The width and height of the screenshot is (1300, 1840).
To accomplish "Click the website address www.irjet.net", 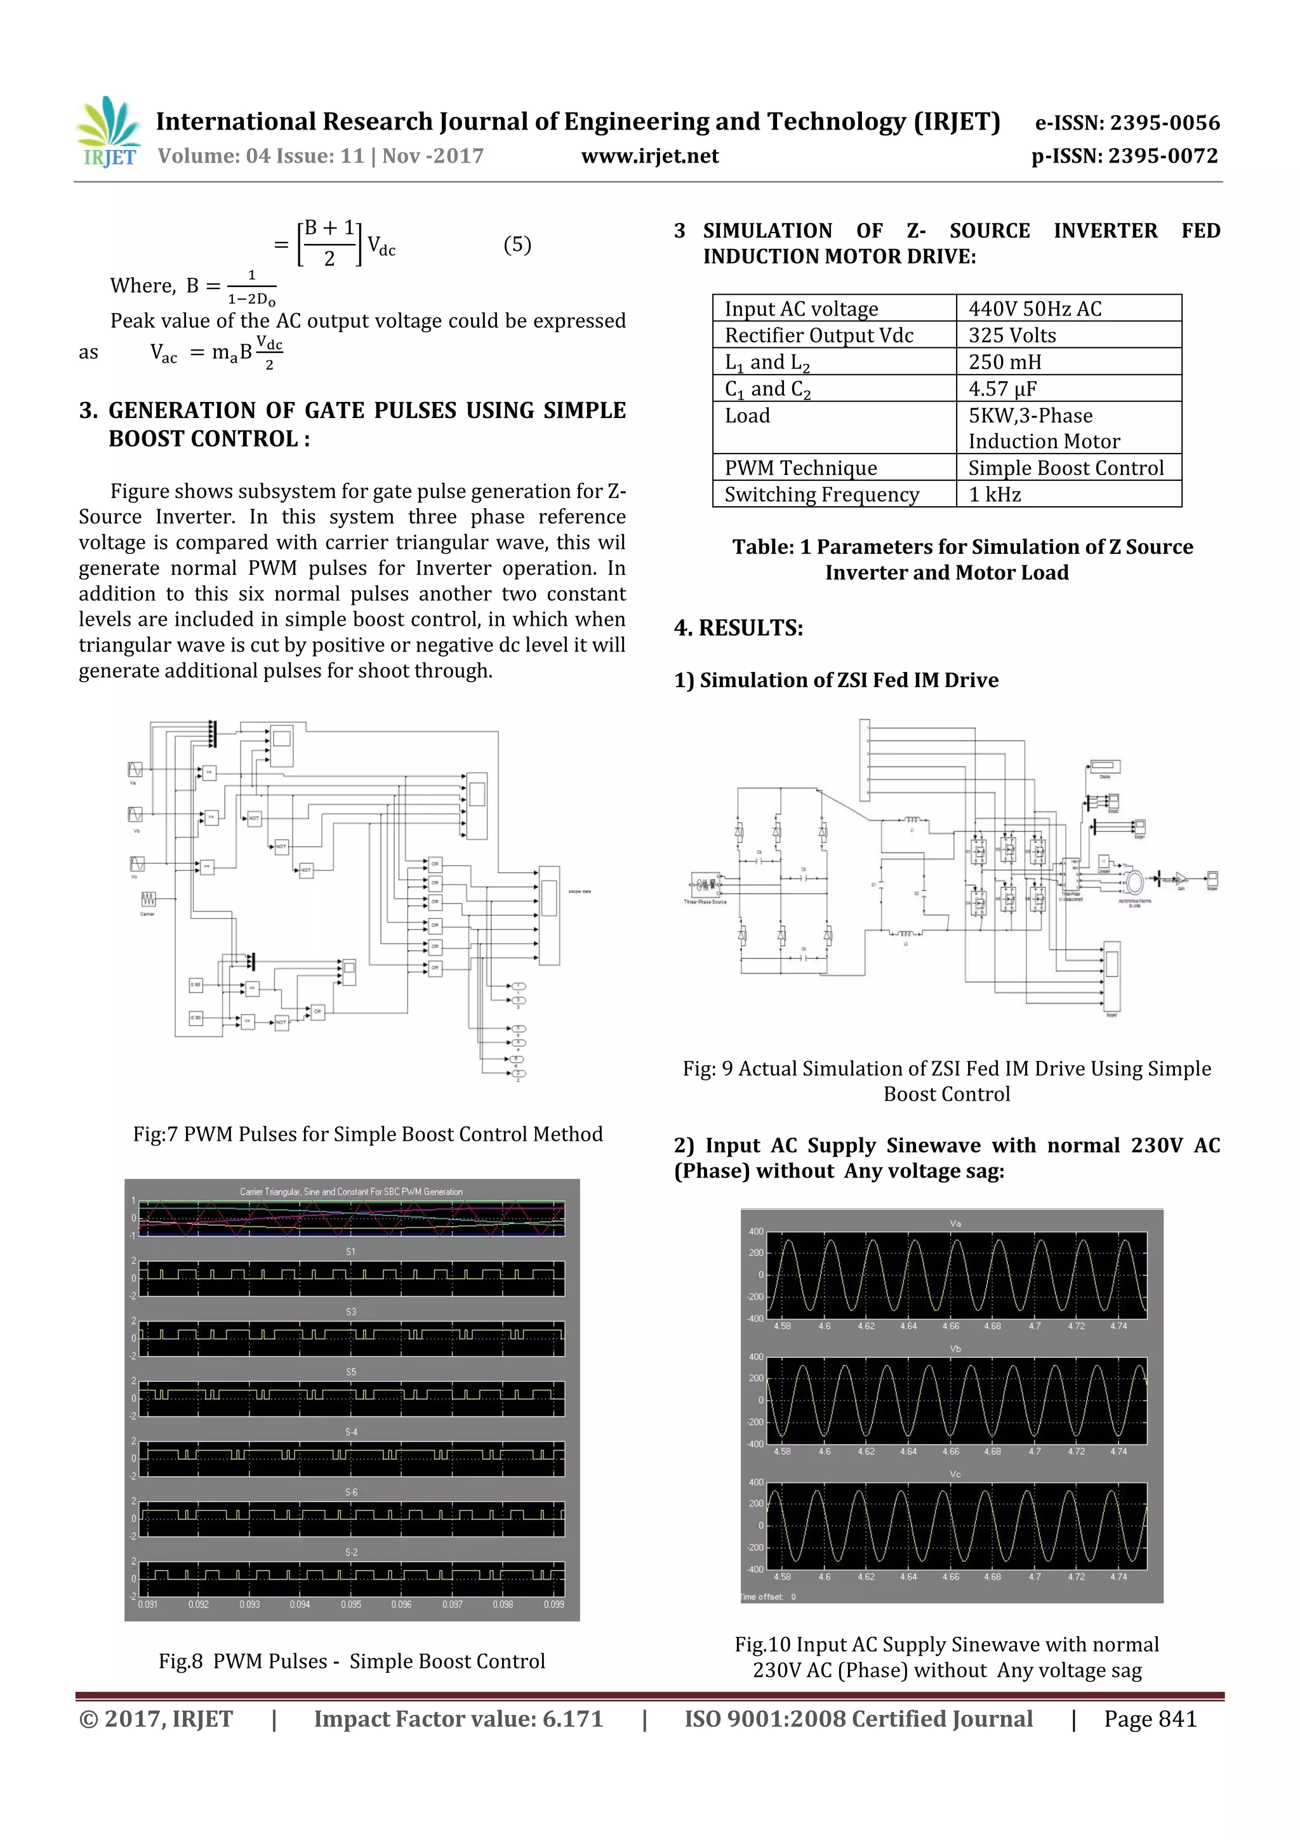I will coord(649,156).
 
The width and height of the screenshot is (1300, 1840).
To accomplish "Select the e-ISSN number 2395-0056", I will coord(1127,123).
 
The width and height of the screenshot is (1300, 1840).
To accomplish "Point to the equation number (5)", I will coord(517,245).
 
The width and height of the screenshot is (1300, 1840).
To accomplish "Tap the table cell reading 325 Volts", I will coord(1012,335).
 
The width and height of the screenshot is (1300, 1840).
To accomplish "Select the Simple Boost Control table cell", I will coord(1065,468).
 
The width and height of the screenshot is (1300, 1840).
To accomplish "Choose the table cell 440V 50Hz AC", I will coord(1034,309).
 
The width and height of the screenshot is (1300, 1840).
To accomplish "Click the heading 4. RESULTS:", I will coord(738,628).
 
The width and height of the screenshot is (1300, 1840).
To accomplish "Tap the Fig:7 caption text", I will coord(368,1134).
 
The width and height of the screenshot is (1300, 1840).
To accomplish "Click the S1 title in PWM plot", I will coord(351,1252).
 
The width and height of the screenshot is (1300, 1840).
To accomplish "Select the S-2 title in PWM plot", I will coord(351,1552).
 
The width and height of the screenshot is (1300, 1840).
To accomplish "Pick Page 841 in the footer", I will coord(1150,1719).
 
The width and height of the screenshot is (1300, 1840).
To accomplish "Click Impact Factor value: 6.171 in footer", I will coord(458,1719).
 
